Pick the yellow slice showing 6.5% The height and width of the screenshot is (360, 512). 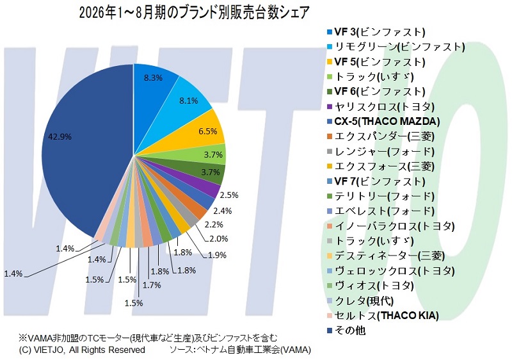pos(202,131)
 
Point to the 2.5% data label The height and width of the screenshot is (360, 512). pos(229,195)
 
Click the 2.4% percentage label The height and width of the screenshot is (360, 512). pos(222,211)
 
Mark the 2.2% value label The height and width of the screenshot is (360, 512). pos(214,225)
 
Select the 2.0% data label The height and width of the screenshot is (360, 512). pos(218,239)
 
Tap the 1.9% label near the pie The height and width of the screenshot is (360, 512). pos(217,255)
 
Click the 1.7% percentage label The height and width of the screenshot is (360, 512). pos(152,285)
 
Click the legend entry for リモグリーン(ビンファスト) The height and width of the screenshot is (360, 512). pos(396,47)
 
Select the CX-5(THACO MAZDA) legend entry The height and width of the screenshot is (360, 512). pos(383,122)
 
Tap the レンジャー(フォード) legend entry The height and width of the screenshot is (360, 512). pos(381,152)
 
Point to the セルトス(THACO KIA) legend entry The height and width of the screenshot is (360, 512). pos(383,316)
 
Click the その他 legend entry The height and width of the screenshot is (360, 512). pos(346,331)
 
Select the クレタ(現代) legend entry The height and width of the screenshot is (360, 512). pos(360,301)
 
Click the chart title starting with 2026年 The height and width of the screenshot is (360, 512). pos(194,13)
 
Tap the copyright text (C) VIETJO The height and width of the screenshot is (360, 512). pos(82,350)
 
